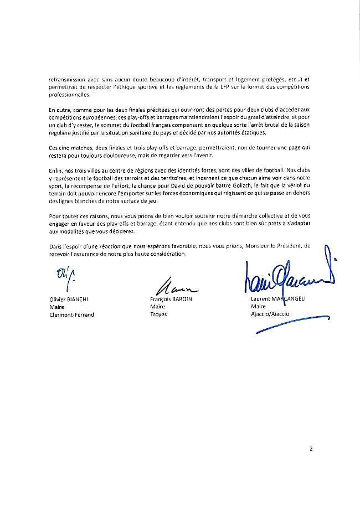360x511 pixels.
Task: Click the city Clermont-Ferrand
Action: [x=72, y=314]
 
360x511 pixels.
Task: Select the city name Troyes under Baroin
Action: [x=158, y=314]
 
